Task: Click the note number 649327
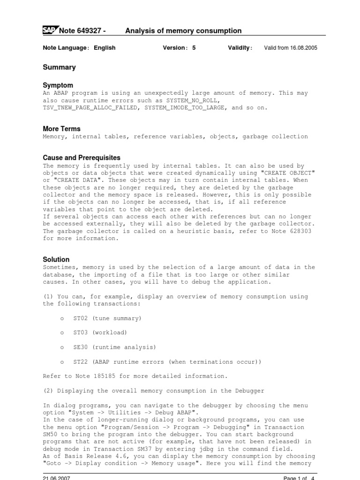89,31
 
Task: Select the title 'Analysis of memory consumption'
183,31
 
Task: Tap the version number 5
194,48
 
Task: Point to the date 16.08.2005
301,48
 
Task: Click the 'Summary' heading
59,67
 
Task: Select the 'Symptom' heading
58,85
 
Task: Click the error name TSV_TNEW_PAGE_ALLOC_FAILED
91,107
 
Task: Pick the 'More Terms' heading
61,128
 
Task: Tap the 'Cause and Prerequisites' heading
81,157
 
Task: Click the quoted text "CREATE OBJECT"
290,173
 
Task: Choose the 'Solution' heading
56,259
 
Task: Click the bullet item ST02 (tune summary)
107,318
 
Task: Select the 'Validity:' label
240,48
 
